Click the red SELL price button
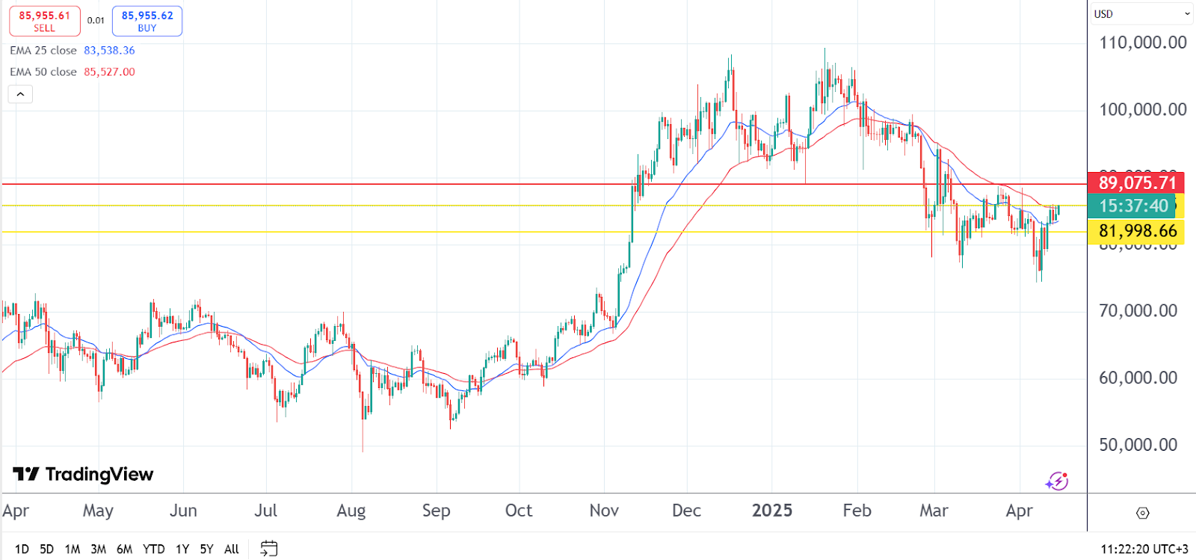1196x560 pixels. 44,21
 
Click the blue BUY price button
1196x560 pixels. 147,21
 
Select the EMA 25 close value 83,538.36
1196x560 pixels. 109,51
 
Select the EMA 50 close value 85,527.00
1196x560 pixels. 109,73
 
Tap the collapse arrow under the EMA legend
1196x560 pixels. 20,94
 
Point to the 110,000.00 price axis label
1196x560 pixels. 1142,43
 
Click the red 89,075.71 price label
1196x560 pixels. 1136,182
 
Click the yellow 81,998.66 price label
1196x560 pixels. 1137,231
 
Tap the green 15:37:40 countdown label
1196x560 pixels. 1133,206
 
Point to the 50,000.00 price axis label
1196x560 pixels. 1138,445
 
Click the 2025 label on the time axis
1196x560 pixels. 771,511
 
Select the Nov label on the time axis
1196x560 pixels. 604,511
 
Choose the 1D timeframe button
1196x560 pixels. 22,550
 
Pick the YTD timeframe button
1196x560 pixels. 153,550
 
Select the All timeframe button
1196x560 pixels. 232,550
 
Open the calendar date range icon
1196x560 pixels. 268,549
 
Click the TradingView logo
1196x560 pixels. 83,474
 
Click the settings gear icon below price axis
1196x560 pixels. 1142,513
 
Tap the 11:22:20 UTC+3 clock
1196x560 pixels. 1144,550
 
